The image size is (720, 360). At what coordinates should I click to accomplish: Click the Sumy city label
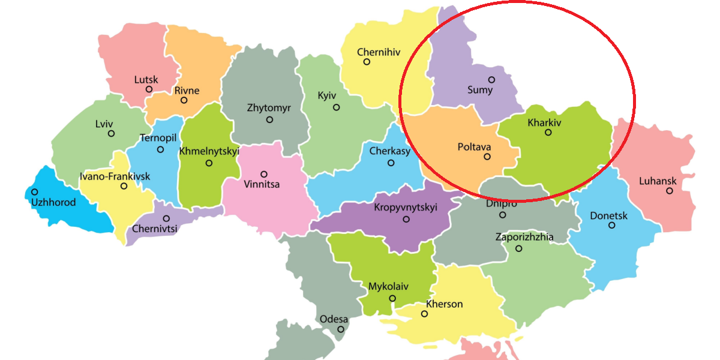(x=480, y=91)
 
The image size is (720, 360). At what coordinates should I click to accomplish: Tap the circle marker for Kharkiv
(x=548, y=132)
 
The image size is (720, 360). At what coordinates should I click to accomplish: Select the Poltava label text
(x=474, y=146)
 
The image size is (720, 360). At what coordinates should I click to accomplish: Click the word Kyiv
(x=327, y=96)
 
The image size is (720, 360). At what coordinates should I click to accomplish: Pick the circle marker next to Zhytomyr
(x=269, y=119)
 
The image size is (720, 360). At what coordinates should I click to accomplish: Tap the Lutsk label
(x=146, y=79)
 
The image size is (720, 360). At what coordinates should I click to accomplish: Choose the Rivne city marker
(x=184, y=100)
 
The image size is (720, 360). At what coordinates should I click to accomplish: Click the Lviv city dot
(x=111, y=133)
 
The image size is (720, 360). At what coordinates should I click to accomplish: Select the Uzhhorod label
(x=53, y=202)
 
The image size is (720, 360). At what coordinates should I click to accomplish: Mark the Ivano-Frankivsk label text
(x=115, y=176)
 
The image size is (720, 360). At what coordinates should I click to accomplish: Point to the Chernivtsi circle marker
(x=166, y=218)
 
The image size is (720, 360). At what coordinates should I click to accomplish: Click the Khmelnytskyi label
(x=209, y=151)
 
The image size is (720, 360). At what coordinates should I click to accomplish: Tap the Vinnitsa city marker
(x=263, y=174)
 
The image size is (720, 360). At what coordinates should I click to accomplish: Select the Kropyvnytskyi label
(x=406, y=208)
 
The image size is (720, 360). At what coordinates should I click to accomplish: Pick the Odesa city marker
(x=341, y=329)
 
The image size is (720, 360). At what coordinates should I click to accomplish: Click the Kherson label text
(x=445, y=304)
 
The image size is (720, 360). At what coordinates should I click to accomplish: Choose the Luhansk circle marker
(x=669, y=191)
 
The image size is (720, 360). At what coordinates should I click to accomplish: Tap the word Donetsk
(x=608, y=215)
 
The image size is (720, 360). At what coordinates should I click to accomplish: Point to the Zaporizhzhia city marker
(x=518, y=248)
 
